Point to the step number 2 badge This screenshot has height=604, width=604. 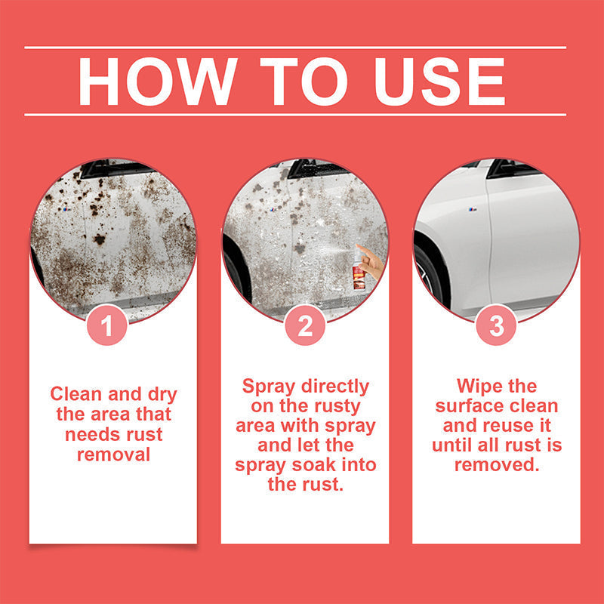305,326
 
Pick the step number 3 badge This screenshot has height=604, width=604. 496,326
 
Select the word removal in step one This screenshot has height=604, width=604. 113,454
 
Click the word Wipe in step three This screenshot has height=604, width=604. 479,387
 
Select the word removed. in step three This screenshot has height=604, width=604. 496,465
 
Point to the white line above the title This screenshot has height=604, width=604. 294,48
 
